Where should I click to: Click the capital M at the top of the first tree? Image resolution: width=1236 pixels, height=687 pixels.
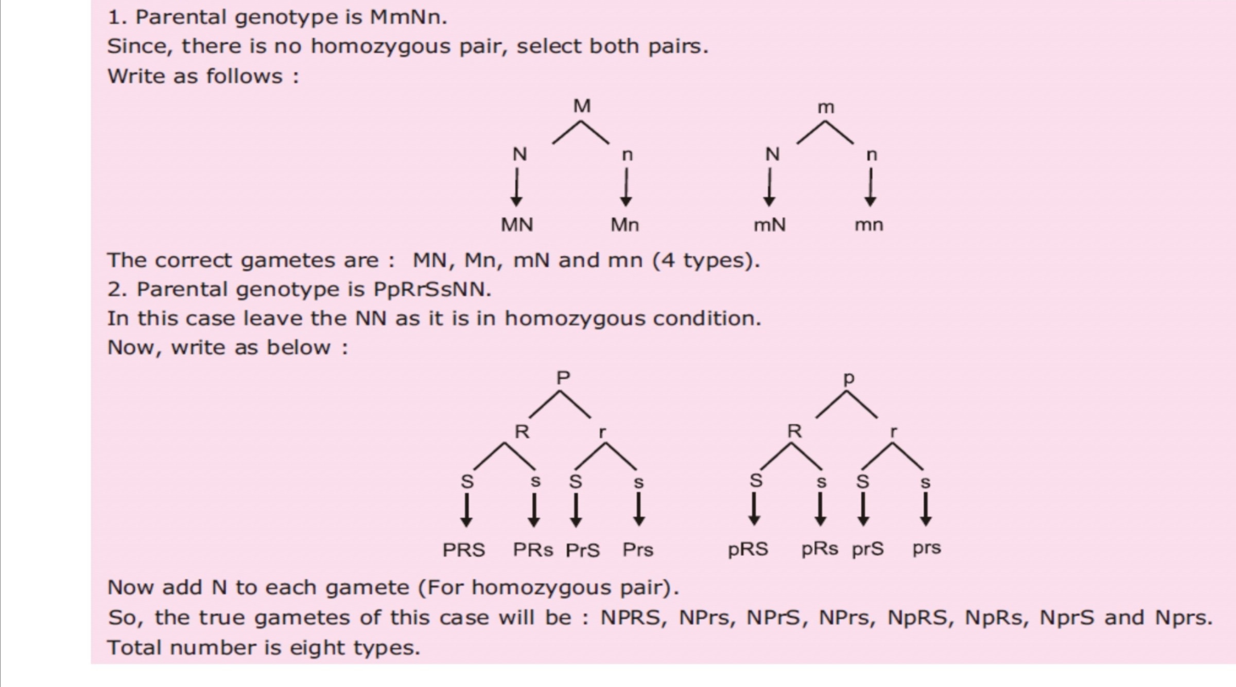582,106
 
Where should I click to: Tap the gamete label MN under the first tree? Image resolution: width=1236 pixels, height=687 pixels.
517,225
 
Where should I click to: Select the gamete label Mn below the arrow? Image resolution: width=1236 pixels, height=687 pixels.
624,225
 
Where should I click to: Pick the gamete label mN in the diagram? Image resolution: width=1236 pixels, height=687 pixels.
770,225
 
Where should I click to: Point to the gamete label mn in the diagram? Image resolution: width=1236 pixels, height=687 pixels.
869,225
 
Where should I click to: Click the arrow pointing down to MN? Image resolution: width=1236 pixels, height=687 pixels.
516,188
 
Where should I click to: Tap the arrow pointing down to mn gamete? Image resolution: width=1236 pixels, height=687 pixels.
871,188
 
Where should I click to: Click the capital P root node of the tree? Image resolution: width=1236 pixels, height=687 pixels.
563,378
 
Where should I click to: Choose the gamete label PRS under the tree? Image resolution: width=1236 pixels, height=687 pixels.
464,550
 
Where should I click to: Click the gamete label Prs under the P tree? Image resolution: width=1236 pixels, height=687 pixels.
638,550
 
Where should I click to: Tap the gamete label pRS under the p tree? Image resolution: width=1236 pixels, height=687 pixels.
748,549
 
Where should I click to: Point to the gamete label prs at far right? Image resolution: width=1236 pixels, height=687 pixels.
927,548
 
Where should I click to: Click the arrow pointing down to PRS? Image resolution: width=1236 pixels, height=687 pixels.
466,510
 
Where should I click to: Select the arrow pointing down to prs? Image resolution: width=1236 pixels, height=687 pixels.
926,509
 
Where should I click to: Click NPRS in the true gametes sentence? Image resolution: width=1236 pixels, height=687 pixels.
631,618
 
